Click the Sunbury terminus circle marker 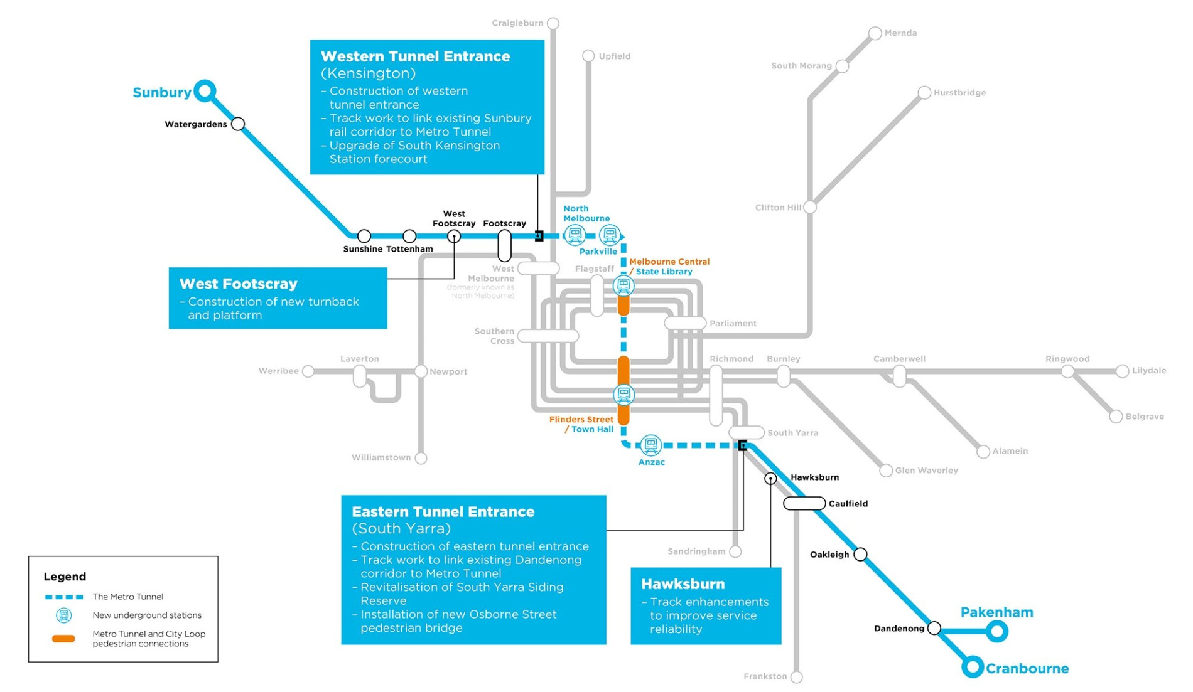[x=205, y=91]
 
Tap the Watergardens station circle [x=238, y=124]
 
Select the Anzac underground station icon [x=651, y=445]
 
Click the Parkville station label [x=598, y=252]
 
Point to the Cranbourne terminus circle [x=973, y=667]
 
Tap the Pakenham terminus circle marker [x=997, y=631]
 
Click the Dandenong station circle [x=934, y=628]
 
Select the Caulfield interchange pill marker [x=804, y=503]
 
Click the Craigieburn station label [x=517, y=23]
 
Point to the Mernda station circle [x=875, y=33]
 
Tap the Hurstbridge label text [x=959, y=93]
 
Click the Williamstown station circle [x=421, y=458]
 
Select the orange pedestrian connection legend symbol [x=63, y=639]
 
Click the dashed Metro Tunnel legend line [x=64, y=597]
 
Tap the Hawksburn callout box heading [x=683, y=584]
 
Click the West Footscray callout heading [x=238, y=284]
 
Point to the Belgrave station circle [x=1116, y=417]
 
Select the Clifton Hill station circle [x=810, y=207]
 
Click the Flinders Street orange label [x=581, y=419]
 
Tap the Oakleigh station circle [x=861, y=554]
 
